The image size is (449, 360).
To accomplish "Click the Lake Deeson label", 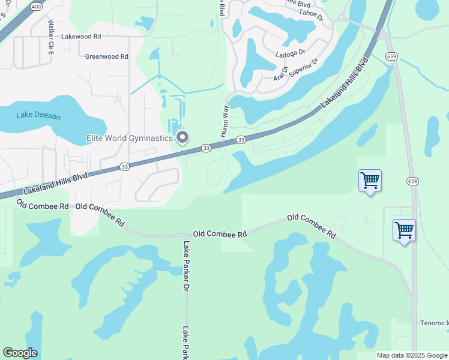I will (38, 115).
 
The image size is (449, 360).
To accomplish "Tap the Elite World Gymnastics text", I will (128, 139).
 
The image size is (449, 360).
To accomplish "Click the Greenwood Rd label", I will (107, 56).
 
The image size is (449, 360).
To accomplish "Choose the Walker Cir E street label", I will (51, 38).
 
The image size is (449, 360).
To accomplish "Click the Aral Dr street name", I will (281, 74).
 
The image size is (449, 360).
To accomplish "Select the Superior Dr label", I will (303, 68).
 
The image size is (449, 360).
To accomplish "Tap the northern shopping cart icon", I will (370, 179).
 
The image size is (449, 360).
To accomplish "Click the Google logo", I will (20, 353).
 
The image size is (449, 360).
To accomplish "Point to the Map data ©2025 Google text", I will (411, 355).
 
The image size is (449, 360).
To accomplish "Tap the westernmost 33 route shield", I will (124, 166).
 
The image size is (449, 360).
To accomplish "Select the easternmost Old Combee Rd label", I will (311, 226).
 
